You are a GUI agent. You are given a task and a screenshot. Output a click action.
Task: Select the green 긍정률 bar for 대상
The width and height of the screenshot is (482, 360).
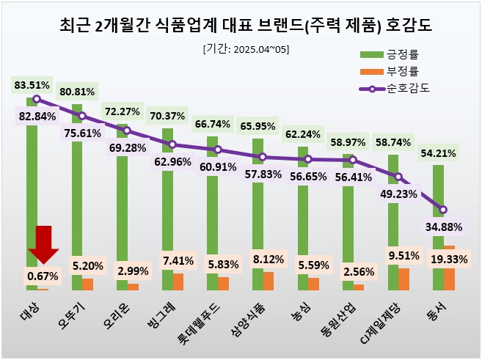click(x=32, y=191)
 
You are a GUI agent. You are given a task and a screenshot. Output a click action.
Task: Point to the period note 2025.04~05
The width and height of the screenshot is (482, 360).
click(x=246, y=49)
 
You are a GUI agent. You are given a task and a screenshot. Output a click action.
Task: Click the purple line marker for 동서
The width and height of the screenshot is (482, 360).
click(x=443, y=210)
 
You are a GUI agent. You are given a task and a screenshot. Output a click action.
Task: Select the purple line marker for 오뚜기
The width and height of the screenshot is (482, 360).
click(x=82, y=116)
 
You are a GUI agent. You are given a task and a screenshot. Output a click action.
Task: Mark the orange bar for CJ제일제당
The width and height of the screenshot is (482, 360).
click(x=404, y=279)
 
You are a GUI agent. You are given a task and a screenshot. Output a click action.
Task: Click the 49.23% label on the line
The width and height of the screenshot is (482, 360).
click(x=398, y=194)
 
